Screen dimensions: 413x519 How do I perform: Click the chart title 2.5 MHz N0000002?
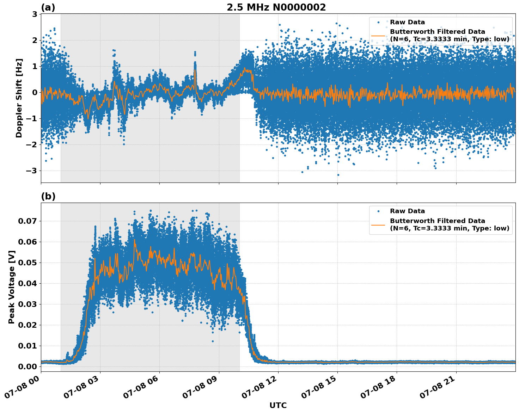[x=276, y=7]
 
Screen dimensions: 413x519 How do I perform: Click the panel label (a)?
[x=48, y=7]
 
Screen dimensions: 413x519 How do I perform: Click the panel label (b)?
[x=48, y=196]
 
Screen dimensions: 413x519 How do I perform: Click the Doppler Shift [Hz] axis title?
[x=19, y=98]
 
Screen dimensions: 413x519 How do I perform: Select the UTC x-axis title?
[x=278, y=405]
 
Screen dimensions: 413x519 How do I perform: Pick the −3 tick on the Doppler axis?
[x=32, y=171]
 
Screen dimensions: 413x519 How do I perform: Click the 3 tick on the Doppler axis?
[x=35, y=14]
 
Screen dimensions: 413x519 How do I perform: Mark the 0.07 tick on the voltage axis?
[x=27, y=221]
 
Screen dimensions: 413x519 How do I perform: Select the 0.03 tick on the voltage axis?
[x=27, y=304]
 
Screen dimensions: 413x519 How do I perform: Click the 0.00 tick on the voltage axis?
[x=27, y=366]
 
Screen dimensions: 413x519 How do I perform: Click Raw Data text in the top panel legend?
[x=407, y=22]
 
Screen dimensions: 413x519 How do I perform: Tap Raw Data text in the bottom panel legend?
[x=407, y=211]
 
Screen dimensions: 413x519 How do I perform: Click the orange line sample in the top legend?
[x=378, y=36]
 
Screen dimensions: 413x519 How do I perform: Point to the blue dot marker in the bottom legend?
[x=378, y=211]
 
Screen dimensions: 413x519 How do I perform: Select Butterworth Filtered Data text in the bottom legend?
[x=437, y=221]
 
